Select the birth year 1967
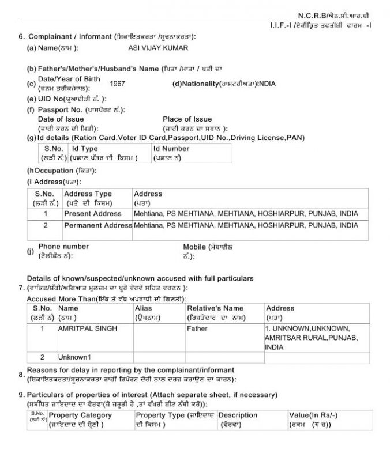click(117, 84)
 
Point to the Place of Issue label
click(187, 119)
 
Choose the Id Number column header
click(171, 149)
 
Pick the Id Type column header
click(85, 149)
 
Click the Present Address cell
click(93, 214)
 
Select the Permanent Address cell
click(98, 225)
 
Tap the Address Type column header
click(88, 194)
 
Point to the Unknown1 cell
click(74, 357)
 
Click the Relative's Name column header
click(215, 308)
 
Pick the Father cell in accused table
click(197, 328)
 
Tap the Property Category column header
click(80, 415)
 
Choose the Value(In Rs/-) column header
click(313, 415)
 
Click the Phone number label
click(63, 247)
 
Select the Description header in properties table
click(238, 415)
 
